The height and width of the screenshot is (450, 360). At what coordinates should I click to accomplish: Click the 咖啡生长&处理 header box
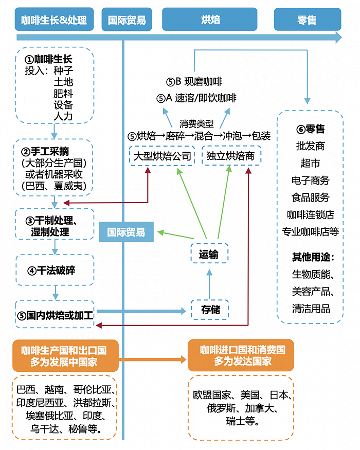tap(54, 20)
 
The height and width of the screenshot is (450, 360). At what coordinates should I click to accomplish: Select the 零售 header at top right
tap(307, 20)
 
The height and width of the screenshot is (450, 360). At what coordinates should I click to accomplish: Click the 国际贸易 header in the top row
tap(127, 20)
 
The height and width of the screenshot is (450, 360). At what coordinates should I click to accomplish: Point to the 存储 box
tap(210, 310)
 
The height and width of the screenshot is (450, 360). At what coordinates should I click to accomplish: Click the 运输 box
tap(209, 254)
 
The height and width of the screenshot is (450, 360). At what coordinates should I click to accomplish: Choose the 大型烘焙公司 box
tap(162, 156)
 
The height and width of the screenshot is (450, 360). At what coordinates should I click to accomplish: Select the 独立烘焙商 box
tap(230, 156)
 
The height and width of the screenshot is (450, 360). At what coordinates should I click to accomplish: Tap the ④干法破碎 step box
tap(55, 270)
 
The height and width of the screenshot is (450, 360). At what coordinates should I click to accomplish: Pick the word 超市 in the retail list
tap(310, 163)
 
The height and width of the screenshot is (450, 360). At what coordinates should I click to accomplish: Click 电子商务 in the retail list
tap(310, 180)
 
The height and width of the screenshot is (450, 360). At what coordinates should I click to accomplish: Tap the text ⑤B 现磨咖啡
tap(194, 82)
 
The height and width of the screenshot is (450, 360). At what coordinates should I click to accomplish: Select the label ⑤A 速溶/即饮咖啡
tap(196, 98)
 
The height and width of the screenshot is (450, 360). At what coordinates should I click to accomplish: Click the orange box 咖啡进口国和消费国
tap(241, 355)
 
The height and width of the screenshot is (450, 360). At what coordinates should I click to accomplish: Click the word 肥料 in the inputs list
tap(63, 94)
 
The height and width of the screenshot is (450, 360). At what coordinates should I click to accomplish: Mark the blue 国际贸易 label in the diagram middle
tap(126, 232)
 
